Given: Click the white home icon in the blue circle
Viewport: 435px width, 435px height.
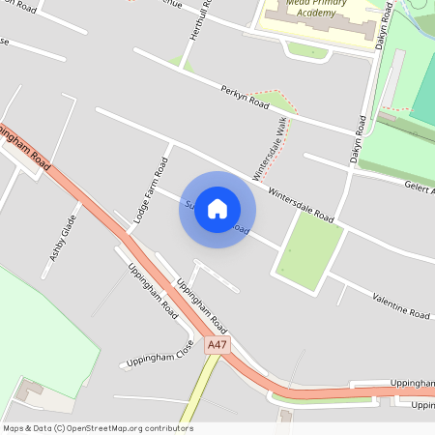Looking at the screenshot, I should tap(217, 209).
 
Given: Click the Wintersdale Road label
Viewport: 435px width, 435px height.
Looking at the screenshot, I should tap(301, 204).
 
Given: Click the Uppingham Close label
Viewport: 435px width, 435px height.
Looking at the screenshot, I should tap(158, 356).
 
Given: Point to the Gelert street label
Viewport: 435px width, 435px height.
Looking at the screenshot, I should tap(417, 188).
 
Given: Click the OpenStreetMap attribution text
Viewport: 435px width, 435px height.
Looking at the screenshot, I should tap(98, 427).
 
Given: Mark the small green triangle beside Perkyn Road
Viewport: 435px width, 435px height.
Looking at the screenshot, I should tap(278, 100).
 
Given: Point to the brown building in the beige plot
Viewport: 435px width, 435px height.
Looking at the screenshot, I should tap(26, 394).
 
